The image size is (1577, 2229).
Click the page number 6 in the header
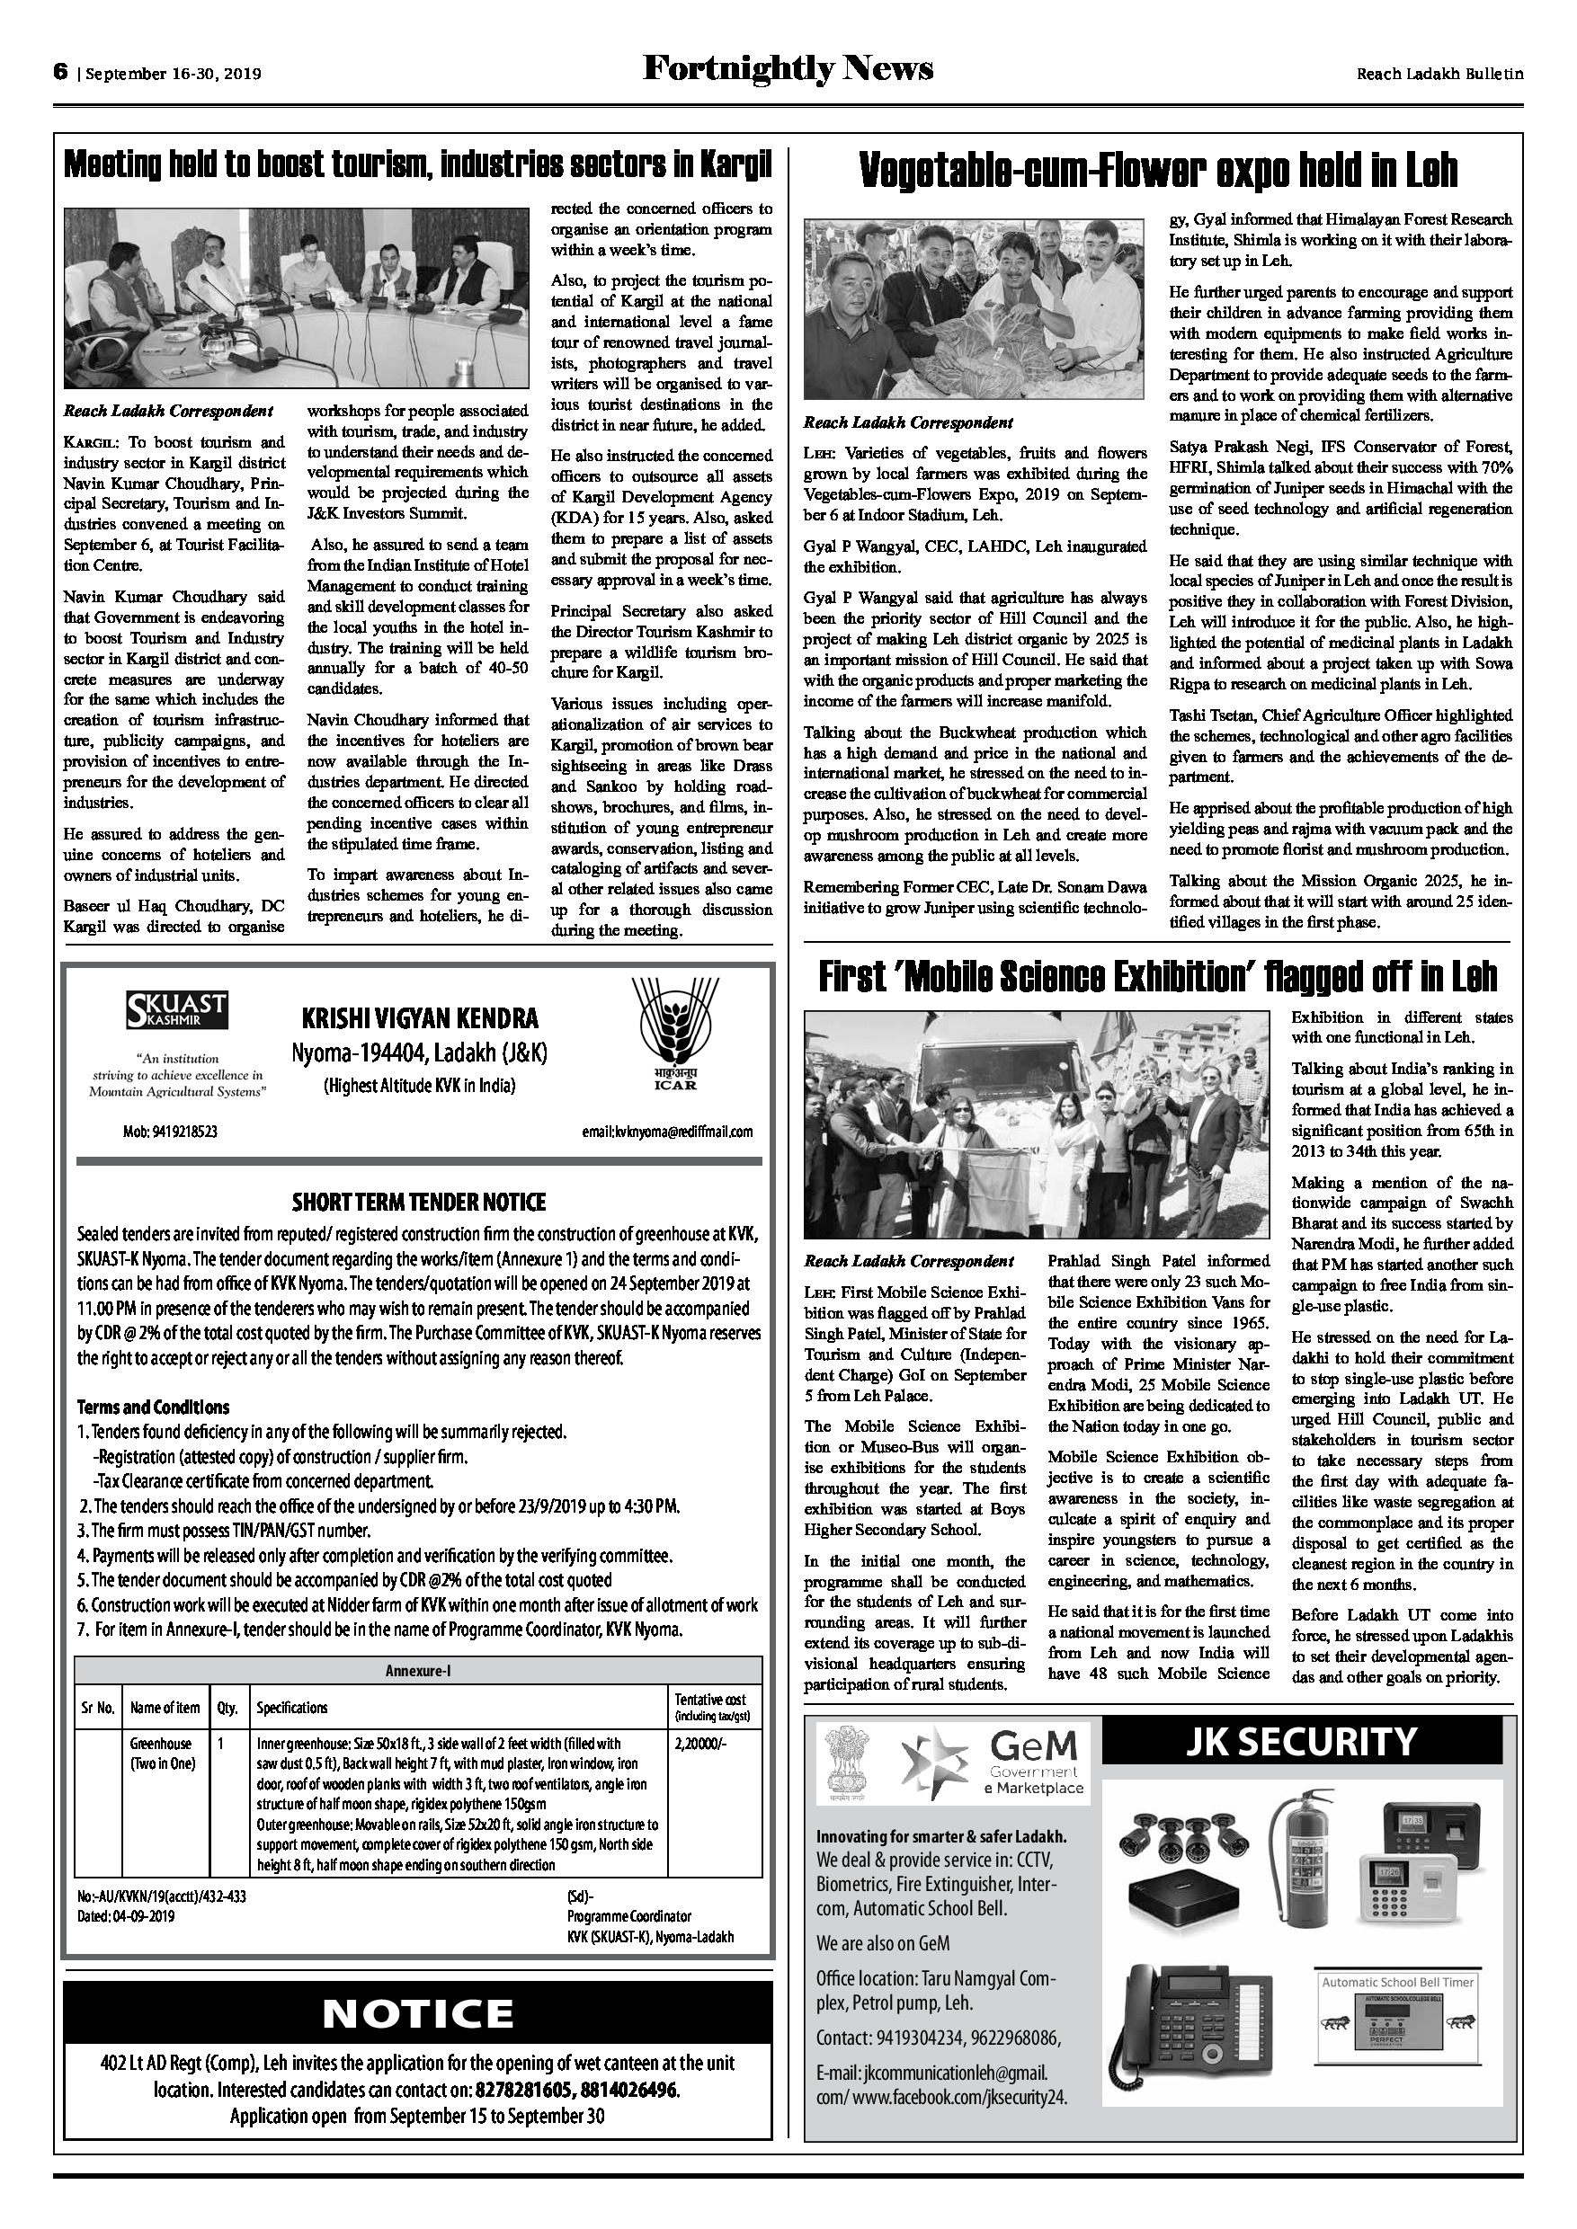[60, 72]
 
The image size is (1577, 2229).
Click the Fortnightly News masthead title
[788, 70]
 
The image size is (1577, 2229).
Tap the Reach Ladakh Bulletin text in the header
[1439, 74]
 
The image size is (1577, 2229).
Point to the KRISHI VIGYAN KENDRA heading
[420, 1018]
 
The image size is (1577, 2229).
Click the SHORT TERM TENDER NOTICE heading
[419, 1202]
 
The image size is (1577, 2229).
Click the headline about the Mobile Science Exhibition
[1156, 977]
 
